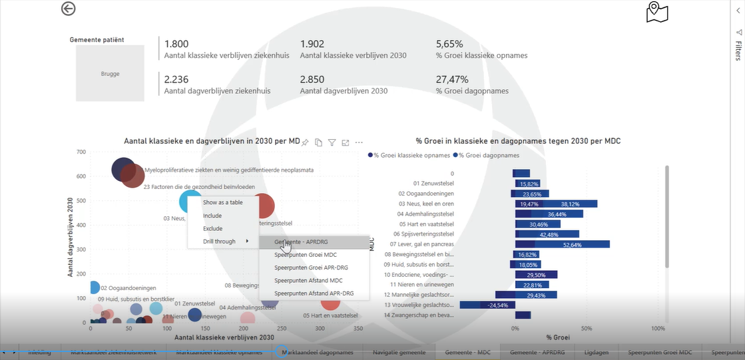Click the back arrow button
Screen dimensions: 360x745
point(68,9)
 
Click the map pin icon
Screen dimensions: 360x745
point(656,11)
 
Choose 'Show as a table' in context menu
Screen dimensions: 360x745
point(222,202)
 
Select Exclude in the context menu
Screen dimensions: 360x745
point(212,228)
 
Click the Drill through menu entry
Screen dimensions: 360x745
point(220,242)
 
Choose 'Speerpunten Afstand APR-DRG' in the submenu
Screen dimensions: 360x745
point(314,293)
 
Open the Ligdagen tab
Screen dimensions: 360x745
point(596,352)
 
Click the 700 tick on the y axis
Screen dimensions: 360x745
point(81,152)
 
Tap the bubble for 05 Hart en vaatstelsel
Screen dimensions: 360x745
point(330,303)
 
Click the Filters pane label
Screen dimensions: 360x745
point(738,51)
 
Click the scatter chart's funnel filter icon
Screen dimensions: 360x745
point(332,142)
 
